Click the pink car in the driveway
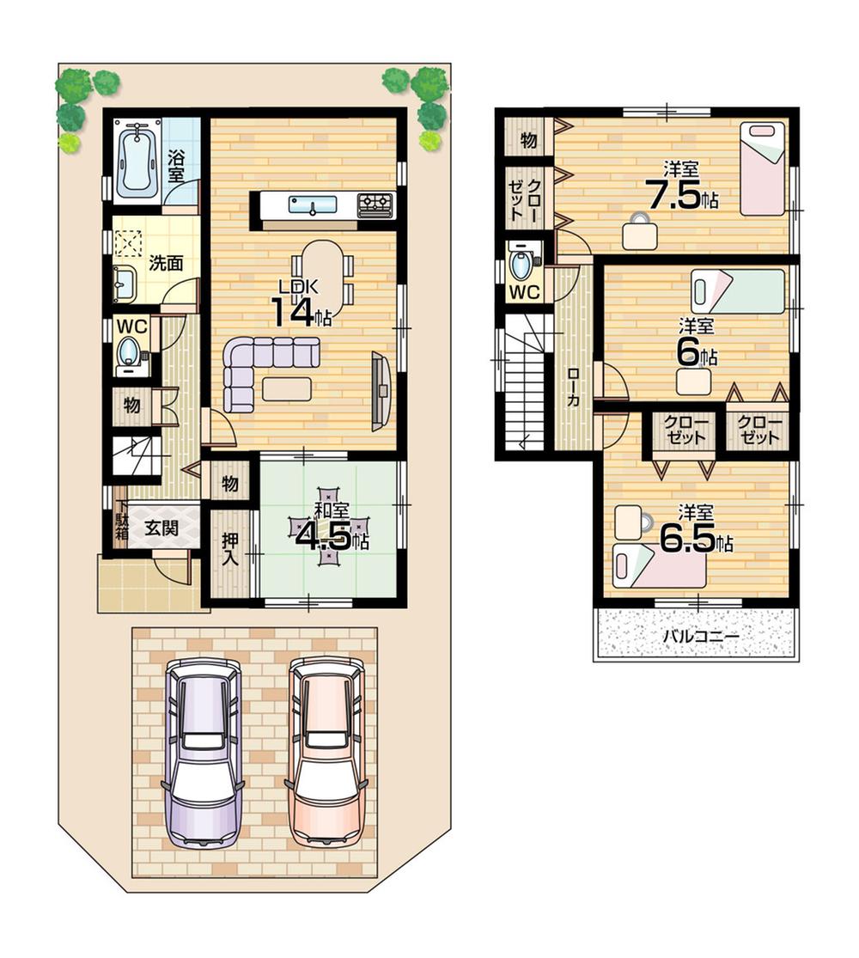click(326, 753)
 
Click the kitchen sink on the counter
click(311, 205)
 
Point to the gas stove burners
click(375, 204)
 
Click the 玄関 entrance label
click(161, 528)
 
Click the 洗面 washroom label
click(166, 264)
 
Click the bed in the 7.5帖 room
click(763, 168)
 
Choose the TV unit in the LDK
click(380, 391)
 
